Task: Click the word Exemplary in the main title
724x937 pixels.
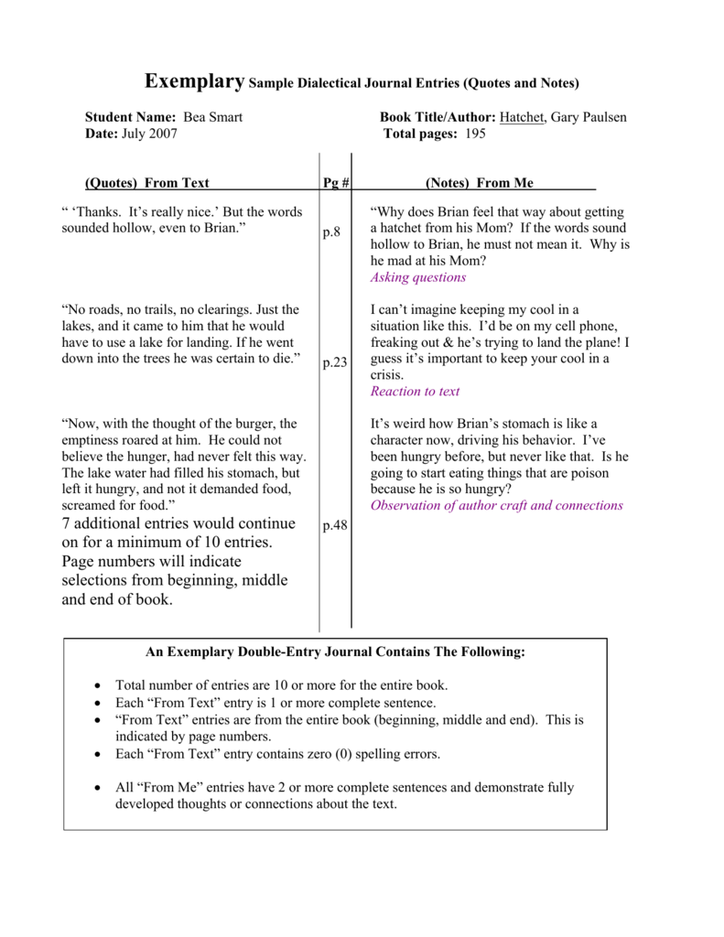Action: click(195, 81)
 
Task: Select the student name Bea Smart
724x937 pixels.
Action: click(213, 117)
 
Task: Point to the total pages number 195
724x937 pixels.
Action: click(474, 134)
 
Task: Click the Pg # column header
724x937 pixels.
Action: click(336, 183)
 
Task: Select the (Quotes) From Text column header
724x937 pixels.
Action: click(146, 183)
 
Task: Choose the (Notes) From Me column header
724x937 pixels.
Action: click(480, 183)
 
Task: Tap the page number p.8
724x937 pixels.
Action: click(331, 232)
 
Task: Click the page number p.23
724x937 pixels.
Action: click(335, 362)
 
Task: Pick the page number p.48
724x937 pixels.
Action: click(335, 526)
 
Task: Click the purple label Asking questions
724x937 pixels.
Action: click(418, 277)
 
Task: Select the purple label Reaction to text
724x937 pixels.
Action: click(415, 391)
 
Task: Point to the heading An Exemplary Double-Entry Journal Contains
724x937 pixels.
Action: click(335, 652)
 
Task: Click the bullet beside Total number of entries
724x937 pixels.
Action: click(99, 685)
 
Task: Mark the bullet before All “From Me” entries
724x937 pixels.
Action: click(99, 788)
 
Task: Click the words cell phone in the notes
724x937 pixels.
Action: click(588, 326)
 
